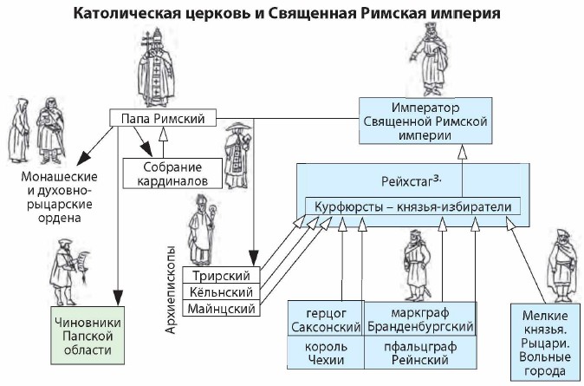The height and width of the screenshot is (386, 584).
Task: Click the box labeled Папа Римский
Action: point(162,118)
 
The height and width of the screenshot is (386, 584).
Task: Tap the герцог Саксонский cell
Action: point(326,318)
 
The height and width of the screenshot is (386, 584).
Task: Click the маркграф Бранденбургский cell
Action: point(420,318)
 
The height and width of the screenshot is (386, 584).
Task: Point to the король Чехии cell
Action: point(326,353)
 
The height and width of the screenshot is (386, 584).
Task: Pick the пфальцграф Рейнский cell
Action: point(420,353)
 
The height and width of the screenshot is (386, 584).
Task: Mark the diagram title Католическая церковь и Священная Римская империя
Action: point(292,14)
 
